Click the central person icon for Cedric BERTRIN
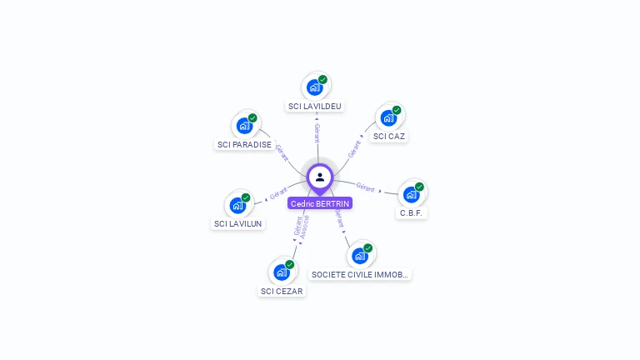pos(320,177)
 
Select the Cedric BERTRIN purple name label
pos(320,203)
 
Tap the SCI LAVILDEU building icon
pos(315,87)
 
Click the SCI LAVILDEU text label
pos(315,106)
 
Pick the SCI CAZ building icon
pos(388,117)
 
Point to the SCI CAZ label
pos(390,136)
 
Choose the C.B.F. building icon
pos(411,194)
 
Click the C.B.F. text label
pos(412,212)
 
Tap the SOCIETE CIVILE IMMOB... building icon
pos(360,255)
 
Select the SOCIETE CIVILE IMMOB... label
pos(361,274)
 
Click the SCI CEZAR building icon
pos(282,272)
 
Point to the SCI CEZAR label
pos(282,291)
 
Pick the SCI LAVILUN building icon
pos(237,205)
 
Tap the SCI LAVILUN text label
pos(238,223)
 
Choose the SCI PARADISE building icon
pos(244,125)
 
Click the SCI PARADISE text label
pos(244,144)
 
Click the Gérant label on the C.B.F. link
pos(365,186)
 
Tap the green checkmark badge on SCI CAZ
pos(397,110)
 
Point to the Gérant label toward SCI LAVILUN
pos(278,194)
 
